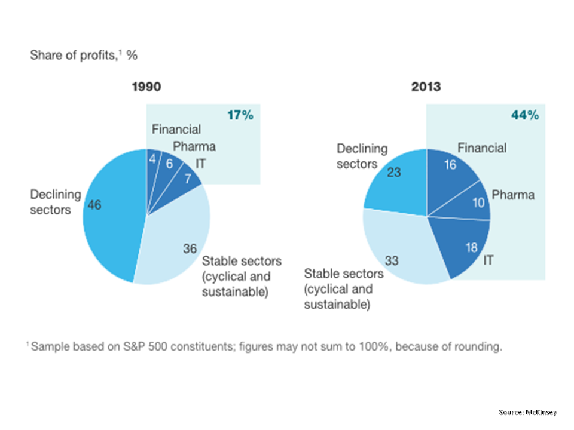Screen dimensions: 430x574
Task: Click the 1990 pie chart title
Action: coord(146,87)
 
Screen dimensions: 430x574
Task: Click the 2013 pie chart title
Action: coord(426,87)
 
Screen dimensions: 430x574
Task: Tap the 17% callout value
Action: coord(240,115)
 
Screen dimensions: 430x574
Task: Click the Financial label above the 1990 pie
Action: coord(176,129)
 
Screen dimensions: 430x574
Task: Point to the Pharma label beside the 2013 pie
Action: coord(513,195)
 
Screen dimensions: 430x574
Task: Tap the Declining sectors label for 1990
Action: coord(55,202)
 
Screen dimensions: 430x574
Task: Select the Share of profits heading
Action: coord(84,56)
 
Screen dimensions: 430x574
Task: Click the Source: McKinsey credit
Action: coord(528,412)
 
